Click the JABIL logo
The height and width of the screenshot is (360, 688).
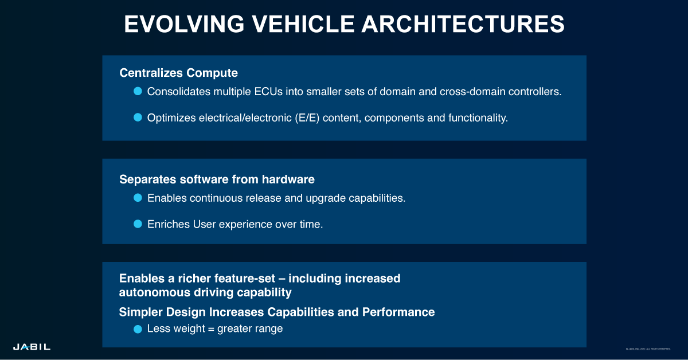click(32, 347)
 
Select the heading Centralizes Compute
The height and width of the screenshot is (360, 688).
click(178, 73)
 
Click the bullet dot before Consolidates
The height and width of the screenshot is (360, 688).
click(138, 91)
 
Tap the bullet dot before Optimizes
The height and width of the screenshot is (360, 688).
click(138, 118)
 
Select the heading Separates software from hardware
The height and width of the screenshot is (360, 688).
click(217, 179)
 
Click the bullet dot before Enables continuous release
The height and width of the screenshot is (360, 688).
click(138, 198)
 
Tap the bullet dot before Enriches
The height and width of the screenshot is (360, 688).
click(138, 224)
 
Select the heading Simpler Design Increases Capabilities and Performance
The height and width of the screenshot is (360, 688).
click(277, 312)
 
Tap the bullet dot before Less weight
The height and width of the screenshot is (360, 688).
click(138, 329)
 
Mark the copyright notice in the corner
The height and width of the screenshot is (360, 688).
click(648, 349)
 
